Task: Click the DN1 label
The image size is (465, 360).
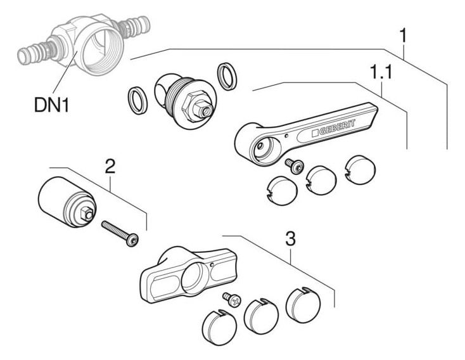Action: (x=51, y=105)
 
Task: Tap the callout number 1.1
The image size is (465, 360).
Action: (x=381, y=72)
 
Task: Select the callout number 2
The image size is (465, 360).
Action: (x=110, y=167)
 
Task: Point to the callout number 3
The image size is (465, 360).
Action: (x=290, y=238)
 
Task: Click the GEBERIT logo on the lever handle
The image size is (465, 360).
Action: (x=333, y=127)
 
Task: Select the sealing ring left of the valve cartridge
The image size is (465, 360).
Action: (x=137, y=100)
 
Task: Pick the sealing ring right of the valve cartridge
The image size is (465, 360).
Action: (x=227, y=76)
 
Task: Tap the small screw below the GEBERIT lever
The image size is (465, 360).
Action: (x=294, y=165)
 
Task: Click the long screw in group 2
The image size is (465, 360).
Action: (x=120, y=233)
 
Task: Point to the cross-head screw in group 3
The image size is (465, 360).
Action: (x=232, y=299)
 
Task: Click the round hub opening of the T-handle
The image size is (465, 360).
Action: (x=195, y=276)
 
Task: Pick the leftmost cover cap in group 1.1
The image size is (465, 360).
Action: (x=282, y=191)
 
